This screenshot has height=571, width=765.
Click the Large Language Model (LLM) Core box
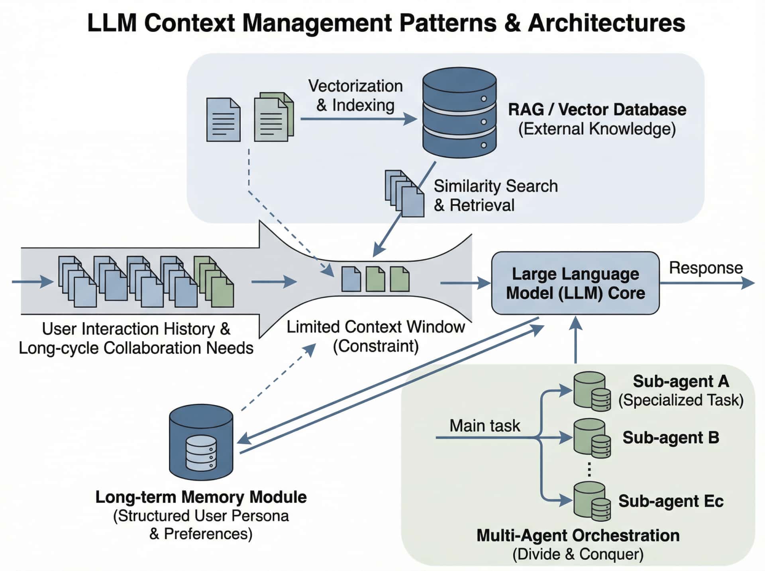point(575,283)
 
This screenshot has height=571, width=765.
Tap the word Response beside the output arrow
point(706,268)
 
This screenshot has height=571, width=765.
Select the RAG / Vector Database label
point(597,110)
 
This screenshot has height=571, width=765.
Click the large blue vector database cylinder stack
point(459,113)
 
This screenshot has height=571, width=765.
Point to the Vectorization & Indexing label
point(355,96)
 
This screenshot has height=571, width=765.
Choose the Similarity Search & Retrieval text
point(495,196)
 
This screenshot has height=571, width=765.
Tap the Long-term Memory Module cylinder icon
point(201,442)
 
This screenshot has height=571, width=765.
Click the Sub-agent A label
point(681,381)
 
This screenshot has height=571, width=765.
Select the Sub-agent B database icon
point(592,438)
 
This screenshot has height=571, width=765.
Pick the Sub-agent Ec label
point(671,501)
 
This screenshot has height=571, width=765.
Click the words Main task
point(484,426)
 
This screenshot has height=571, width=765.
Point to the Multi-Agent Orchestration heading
point(578,536)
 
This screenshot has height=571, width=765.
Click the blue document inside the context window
point(351,279)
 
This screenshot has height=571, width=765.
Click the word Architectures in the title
point(606,23)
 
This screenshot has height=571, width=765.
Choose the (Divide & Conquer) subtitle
point(578,554)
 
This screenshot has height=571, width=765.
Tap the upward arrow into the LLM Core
point(575,339)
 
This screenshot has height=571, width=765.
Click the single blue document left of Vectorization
point(223,119)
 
